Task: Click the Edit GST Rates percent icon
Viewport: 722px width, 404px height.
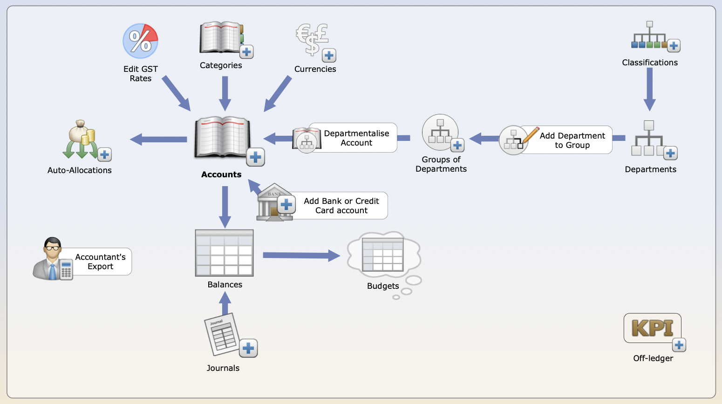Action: (x=140, y=41)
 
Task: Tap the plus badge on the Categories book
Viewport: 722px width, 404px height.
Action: (x=246, y=52)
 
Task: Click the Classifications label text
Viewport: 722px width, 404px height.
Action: (x=650, y=63)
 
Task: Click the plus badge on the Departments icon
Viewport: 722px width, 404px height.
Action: (x=670, y=153)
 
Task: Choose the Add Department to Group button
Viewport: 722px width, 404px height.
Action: (x=572, y=140)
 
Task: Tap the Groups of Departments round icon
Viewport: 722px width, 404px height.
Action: (x=440, y=132)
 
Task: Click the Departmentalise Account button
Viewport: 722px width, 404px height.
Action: (x=356, y=138)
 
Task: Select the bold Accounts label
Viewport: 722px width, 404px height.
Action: (x=221, y=174)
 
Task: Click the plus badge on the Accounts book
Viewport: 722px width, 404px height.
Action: (x=255, y=157)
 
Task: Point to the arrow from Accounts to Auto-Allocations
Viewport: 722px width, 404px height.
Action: (x=158, y=139)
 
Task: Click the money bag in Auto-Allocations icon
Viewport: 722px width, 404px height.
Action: (x=79, y=132)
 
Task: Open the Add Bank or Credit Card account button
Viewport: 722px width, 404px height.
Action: (x=341, y=206)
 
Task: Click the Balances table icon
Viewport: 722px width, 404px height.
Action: (x=224, y=253)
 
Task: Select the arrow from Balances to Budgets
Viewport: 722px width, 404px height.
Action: (x=301, y=255)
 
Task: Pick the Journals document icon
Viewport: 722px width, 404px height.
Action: (x=222, y=334)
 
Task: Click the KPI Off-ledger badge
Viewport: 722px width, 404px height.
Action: (x=652, y=328)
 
